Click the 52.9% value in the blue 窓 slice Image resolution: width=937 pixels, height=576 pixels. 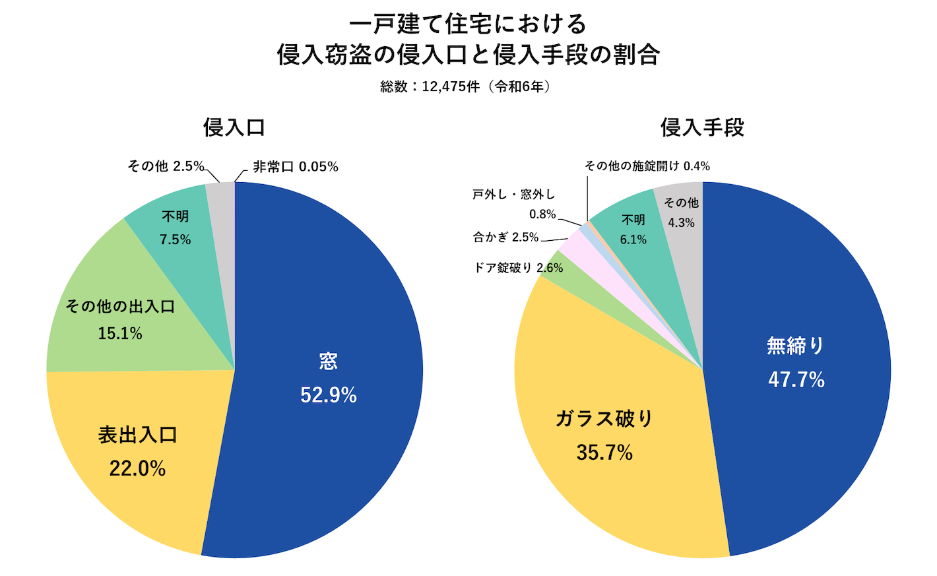329,395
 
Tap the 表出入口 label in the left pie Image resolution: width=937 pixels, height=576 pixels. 138,435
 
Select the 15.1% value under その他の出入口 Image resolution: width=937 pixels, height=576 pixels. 120,334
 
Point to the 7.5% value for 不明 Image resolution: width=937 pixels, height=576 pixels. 175,240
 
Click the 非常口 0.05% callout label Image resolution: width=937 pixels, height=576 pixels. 295,167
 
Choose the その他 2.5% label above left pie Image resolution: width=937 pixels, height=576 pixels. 166,166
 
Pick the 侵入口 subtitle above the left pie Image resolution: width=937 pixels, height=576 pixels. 234,127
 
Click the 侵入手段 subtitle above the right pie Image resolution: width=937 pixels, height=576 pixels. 702,127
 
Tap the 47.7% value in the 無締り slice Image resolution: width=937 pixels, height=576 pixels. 796,380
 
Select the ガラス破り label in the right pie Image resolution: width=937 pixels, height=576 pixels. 604,418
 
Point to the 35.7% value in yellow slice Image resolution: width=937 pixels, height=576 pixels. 604,453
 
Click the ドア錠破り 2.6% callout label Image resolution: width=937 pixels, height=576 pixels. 518,267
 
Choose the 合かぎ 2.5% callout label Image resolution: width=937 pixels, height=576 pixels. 505,237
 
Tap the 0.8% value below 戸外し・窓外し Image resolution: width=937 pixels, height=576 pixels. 542,214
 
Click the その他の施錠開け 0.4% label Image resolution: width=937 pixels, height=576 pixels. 647,166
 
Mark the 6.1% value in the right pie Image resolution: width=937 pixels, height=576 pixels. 633,240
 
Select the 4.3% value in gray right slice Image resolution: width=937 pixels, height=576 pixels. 681,223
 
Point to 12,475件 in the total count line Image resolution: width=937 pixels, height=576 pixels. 450,86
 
